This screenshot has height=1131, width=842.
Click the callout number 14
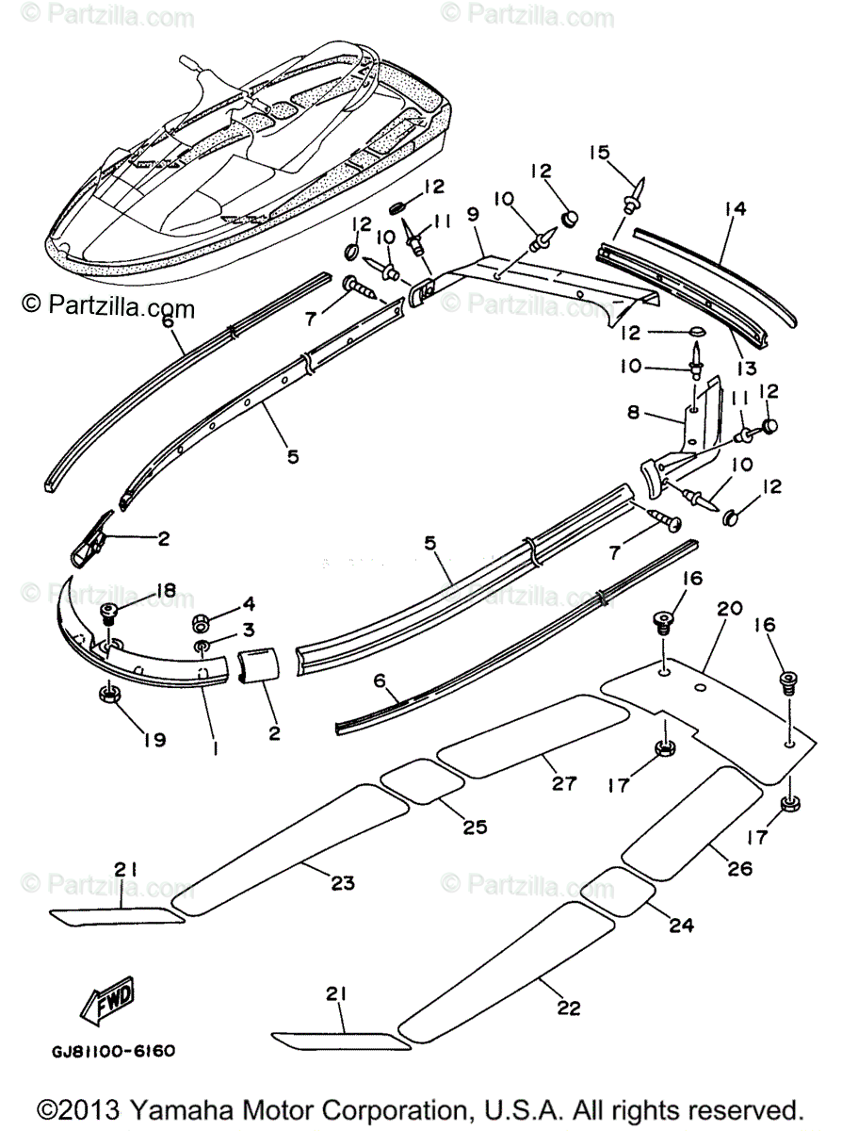click(x=735, y=208)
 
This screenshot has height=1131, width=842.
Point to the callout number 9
click(x=472, y=215)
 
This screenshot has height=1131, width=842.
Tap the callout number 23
click(x=343, y=883)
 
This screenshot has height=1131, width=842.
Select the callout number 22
click(x=567, y=1008)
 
